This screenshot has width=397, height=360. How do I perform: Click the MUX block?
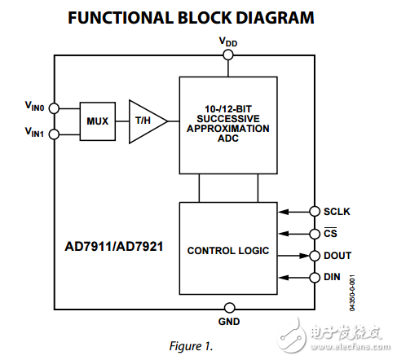98,121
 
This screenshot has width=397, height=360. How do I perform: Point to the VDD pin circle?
228,55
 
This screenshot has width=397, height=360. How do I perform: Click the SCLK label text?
337,212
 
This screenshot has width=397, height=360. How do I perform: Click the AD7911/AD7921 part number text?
114,244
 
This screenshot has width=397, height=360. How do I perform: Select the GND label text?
228,322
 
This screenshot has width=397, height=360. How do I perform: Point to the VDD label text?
228,41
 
